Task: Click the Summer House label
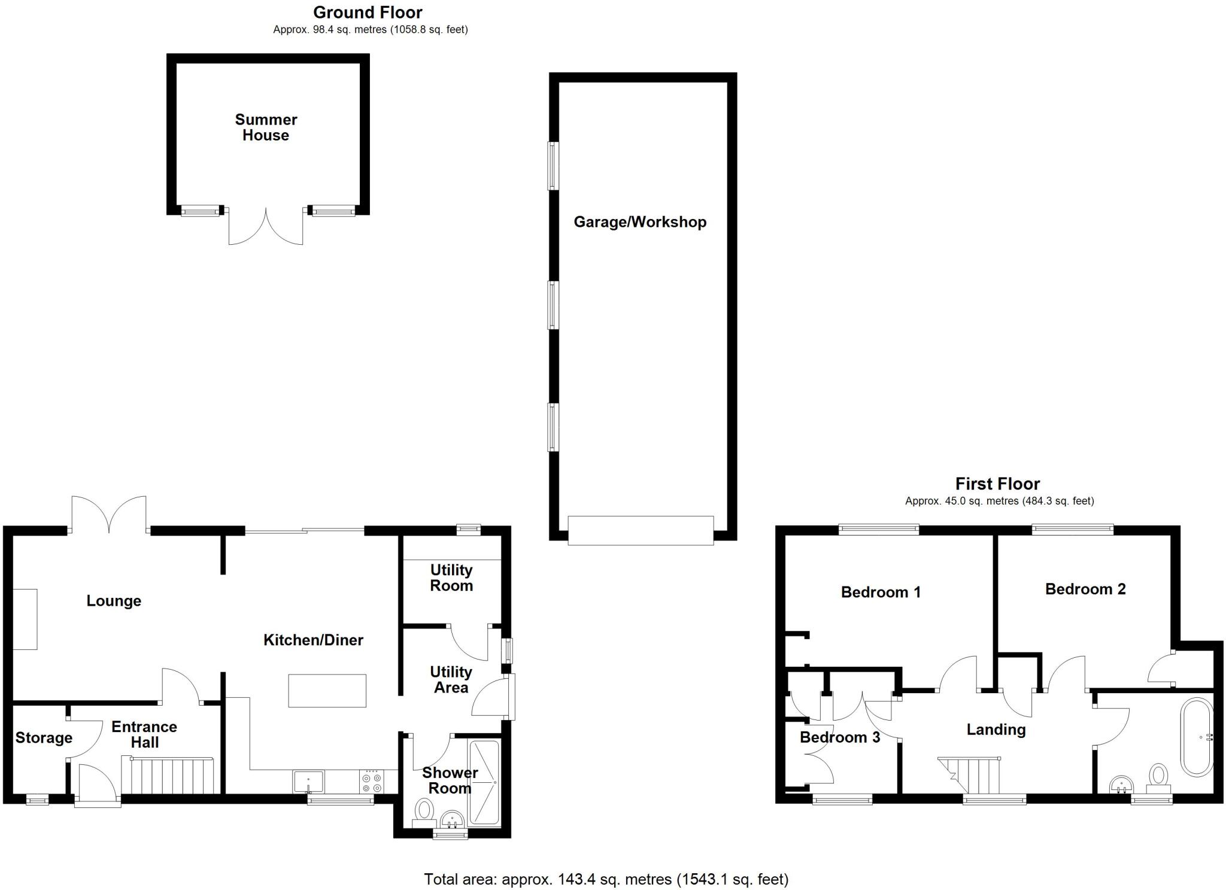266,127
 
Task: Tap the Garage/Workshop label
640,222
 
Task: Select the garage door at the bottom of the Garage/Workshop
641,530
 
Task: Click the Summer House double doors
266,227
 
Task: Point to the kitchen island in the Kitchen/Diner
327,691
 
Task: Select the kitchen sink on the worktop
308,782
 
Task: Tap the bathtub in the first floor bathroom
1197,737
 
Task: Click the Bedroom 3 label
839,737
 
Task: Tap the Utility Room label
451,578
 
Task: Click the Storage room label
44,738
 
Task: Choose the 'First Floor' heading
997,484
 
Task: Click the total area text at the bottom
606,879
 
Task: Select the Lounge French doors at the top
109,515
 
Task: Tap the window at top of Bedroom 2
1072,529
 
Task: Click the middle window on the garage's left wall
554,305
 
